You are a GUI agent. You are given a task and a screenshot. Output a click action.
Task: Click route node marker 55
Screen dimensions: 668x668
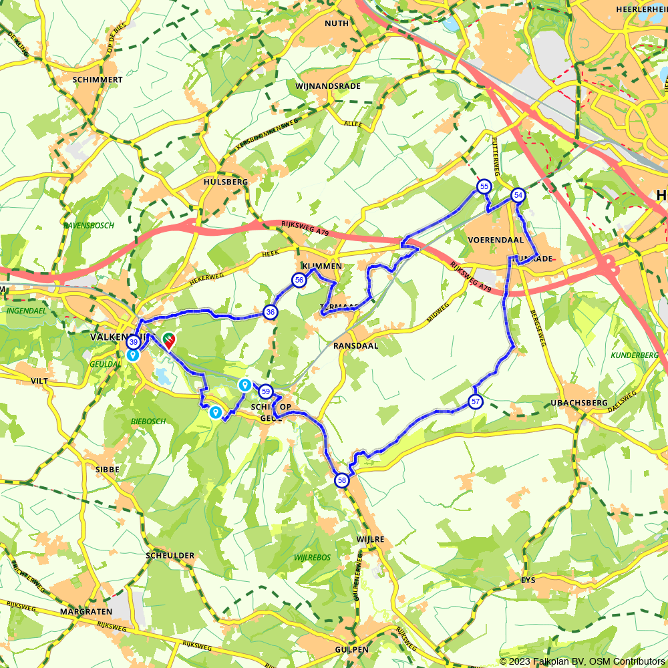[x=484, y=186]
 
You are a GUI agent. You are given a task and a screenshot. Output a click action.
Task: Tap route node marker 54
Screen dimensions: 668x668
[x=518, y=195]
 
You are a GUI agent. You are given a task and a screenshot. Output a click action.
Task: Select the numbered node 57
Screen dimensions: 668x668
[x=475, y=401]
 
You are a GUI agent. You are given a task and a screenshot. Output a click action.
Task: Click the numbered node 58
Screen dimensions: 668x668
[x=341, y=480]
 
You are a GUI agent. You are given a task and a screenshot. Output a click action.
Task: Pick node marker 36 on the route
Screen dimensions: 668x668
[x=270, y=311]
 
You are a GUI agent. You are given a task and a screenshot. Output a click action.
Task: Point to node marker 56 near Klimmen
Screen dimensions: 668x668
[x=299, y=281]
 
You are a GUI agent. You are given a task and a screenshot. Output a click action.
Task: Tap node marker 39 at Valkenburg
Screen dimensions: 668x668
[x=133, y=342]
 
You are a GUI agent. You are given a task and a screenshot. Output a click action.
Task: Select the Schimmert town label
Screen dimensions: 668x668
[x=98, y=79]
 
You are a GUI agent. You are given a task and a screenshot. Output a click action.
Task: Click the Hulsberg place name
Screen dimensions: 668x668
[x=226, y=182]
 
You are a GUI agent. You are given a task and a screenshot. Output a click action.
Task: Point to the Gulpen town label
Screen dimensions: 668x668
[x=352, y=649]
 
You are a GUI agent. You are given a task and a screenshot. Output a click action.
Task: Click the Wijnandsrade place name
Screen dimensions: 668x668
[x=327, y=86]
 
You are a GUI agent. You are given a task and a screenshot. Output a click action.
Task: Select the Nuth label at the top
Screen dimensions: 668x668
[x=336, y=23]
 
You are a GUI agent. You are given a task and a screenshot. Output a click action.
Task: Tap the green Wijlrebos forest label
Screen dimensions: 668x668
[x=312, y=557]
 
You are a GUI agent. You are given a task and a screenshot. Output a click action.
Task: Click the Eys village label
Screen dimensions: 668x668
[x=528, y=580]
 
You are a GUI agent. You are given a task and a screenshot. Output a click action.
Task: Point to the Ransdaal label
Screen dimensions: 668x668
[x=355, y=346]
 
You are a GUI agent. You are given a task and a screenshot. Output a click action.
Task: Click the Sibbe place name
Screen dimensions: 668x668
[x=108, y=470]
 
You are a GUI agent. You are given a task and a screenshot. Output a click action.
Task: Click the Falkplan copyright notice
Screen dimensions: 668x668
[x=582, y=661]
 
